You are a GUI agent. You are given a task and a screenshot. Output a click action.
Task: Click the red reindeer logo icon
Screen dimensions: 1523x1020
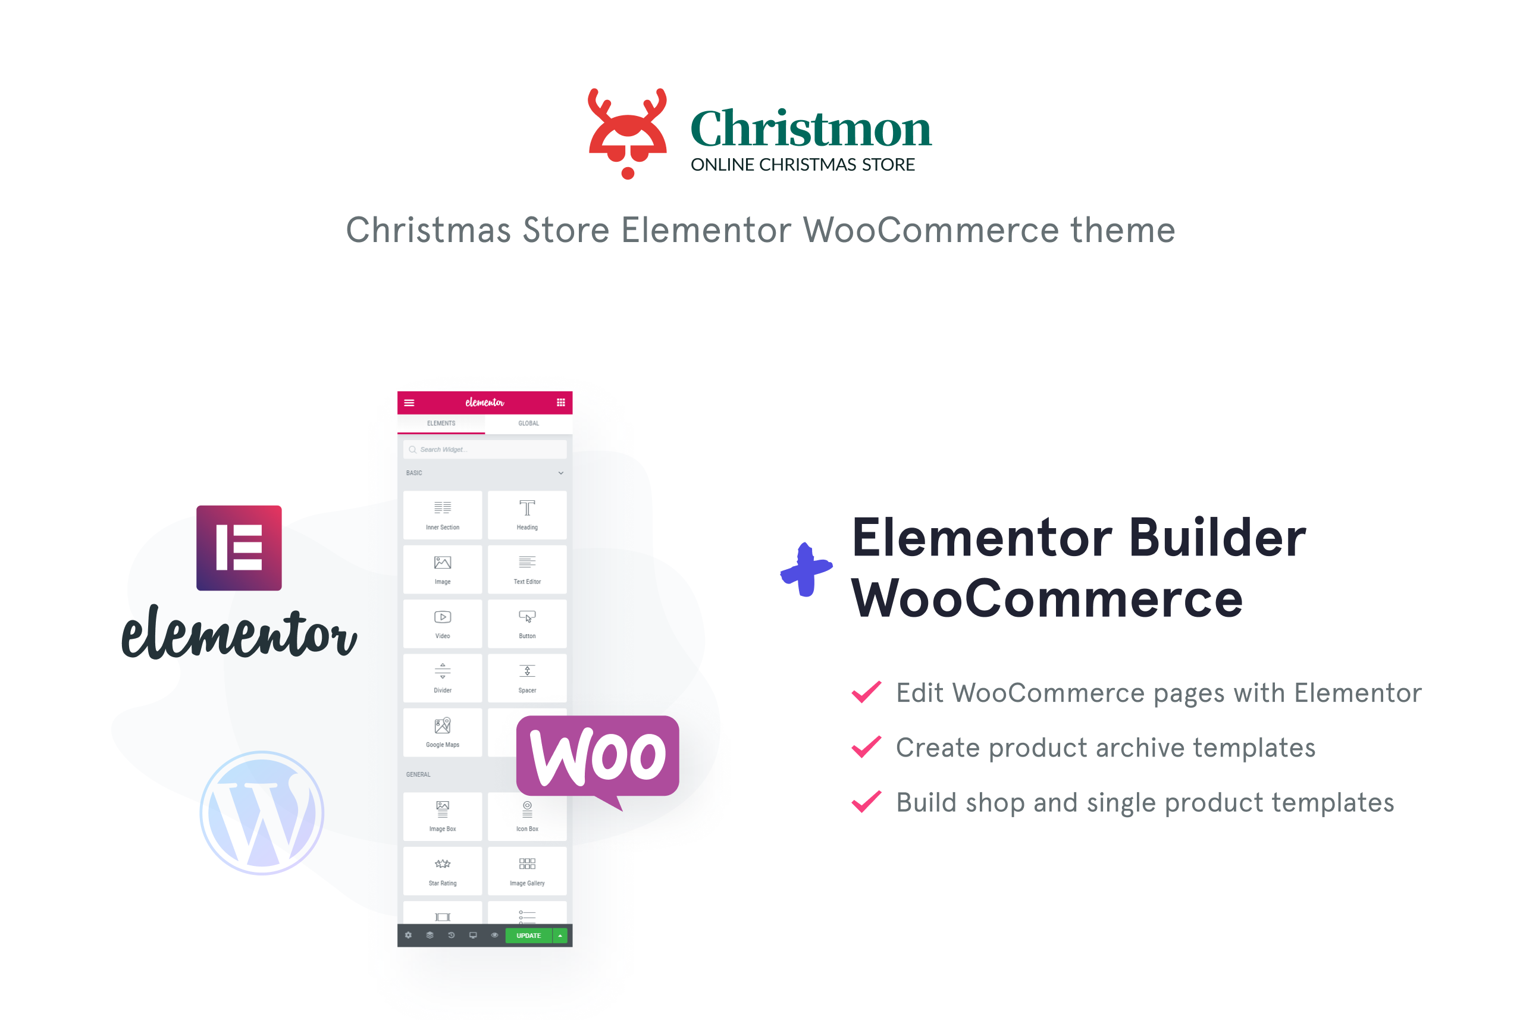627,133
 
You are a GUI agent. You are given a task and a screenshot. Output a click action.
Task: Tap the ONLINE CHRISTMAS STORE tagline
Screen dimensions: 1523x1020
802,165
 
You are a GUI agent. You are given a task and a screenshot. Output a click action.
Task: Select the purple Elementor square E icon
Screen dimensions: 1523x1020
239,548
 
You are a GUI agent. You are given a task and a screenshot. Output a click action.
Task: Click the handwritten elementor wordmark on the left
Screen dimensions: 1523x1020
239,632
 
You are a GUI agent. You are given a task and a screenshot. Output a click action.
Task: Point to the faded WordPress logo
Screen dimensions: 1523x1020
262,812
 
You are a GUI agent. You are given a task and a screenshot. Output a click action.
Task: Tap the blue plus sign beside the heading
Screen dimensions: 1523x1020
806,570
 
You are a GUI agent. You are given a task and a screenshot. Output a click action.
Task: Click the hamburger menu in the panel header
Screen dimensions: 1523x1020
409,403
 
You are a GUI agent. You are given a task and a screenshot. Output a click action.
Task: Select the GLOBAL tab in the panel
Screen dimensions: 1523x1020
528,423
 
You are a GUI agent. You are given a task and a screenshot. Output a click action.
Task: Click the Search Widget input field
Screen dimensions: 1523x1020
485,450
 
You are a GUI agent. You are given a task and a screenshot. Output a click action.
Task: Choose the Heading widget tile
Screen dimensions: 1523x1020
527,514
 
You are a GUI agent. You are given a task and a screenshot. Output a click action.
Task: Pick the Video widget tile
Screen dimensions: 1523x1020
443,623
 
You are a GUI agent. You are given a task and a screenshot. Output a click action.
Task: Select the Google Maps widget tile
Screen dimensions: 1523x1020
443,732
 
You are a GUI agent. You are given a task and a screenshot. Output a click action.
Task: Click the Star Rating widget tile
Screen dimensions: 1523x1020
443,870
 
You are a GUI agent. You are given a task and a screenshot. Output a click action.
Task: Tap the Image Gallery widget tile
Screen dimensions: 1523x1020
527,870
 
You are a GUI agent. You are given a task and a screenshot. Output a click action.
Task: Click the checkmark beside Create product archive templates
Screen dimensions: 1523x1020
867,747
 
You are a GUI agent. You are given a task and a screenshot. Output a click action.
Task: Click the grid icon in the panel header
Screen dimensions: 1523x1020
561,403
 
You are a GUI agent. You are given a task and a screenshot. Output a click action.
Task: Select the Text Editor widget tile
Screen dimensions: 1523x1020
527,569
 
